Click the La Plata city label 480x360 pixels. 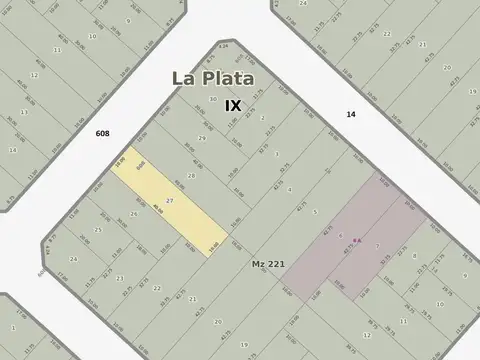coord(211,78)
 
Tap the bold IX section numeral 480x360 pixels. coord(233,105)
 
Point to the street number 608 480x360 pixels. coord(103,133)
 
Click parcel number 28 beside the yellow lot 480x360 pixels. coord(190,175)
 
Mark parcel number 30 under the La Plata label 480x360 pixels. coord(212,100)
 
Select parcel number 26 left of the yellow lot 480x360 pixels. coord(133,214)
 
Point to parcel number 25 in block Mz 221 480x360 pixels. coord(97,230)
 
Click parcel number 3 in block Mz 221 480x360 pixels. coord(276,154)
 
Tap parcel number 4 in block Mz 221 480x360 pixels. coord(290,189)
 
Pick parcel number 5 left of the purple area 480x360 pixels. coord(314,212)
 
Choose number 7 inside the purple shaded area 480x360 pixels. coord(377,245)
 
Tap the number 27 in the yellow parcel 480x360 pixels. coord(170,201)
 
